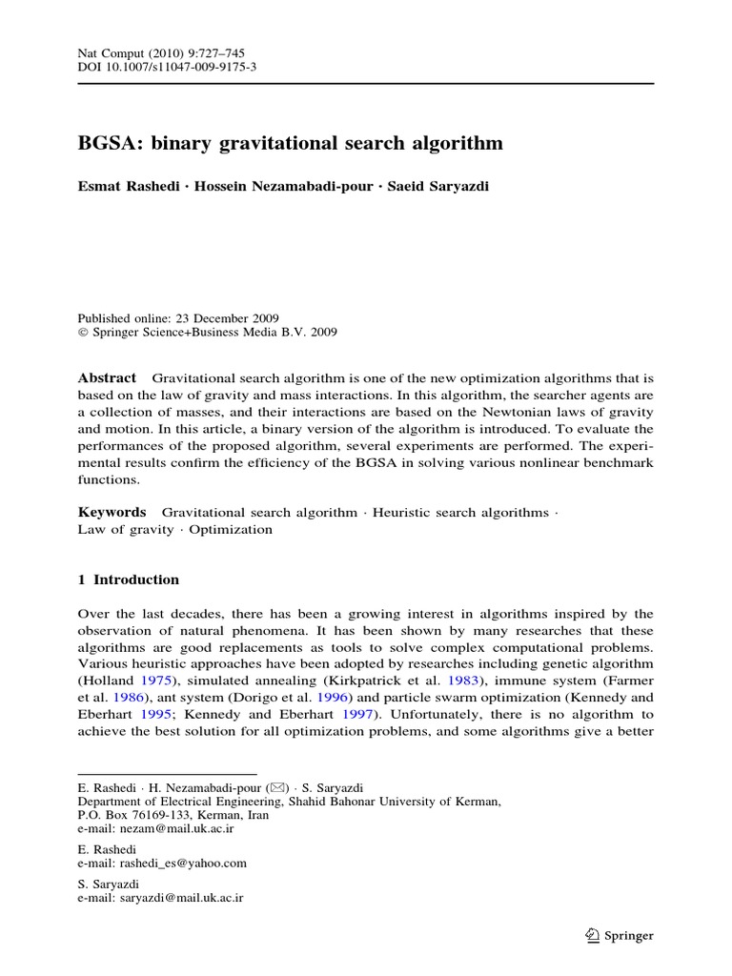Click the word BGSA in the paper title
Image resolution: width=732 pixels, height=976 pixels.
pyautogui.click(x=108, y=144)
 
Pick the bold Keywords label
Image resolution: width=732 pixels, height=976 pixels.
pyautogui.click(x=112, y=512)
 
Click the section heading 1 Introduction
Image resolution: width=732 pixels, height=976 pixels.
pyautogui.click(x=128, y=579)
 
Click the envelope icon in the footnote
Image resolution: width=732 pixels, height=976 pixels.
pyautogui.click(x=278, y=788)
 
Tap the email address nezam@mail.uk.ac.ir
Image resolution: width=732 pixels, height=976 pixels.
pyautogui.click(x=173, y=829)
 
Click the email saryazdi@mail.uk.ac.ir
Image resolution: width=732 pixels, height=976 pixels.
pyautogui.click(x=181, y=898)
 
